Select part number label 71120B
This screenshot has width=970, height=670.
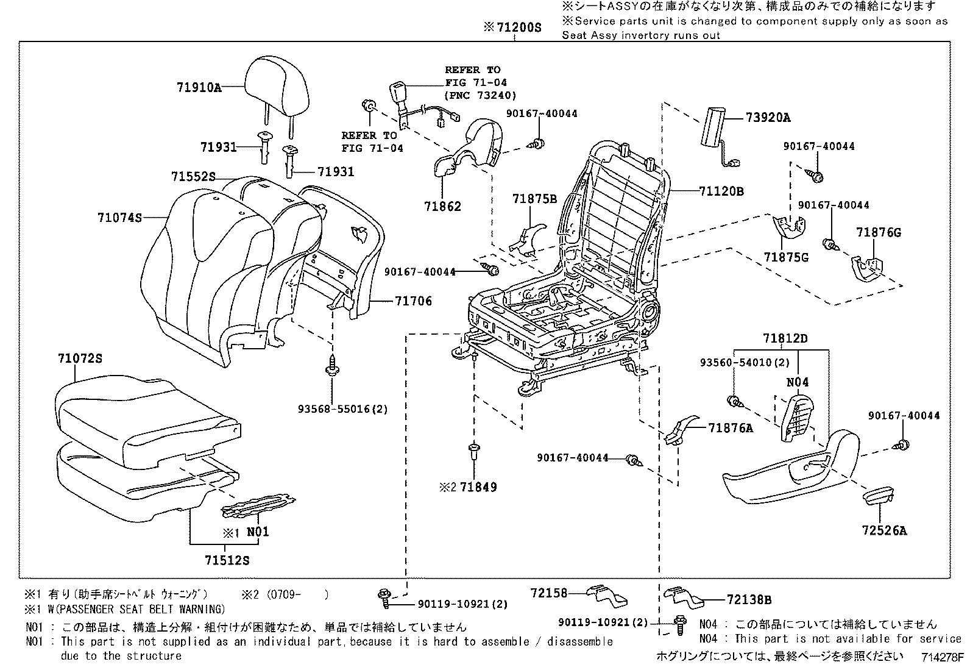(721, 191)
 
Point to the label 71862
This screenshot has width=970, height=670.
(443, 207)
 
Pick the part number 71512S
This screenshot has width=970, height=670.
(227, 560)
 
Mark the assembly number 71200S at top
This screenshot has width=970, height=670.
(512, 27)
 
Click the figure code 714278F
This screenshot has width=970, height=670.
(943, 658)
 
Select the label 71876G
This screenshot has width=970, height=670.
(878, 233)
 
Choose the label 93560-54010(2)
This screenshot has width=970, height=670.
(745, 363)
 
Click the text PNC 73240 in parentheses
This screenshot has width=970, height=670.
(480, 95)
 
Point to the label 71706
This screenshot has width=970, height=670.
(413, 301)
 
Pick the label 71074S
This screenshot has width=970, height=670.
(119, 218)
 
